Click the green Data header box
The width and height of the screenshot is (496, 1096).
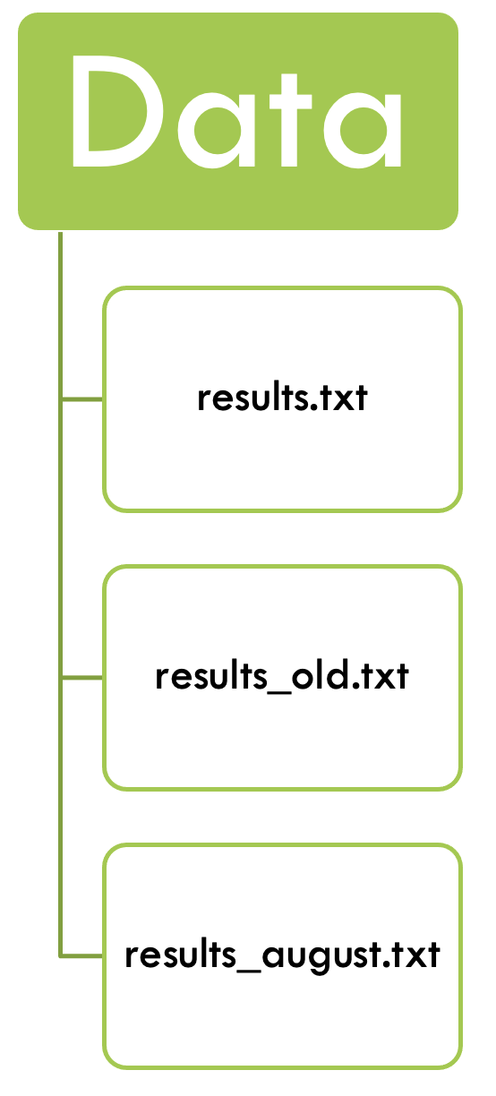pyautogui.click(x=238, y=121)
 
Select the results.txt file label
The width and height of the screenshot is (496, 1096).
pyautogui.click(x=282, y=398)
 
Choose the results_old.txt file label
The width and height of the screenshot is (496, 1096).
pyautogui.click(x=282, y=676)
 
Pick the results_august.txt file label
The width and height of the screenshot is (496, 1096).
pyautogui.click(x=282, y=955)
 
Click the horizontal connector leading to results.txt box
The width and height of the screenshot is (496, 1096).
pyautogui.click(x=81, y=399)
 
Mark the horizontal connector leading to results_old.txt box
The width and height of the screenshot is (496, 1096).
pyautogui.click(x=81, y=678)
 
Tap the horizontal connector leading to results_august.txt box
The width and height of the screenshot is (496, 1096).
pyautogui.click(x=81, y=955)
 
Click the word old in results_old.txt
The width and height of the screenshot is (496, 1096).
pyautogui.click(x=321, y=675)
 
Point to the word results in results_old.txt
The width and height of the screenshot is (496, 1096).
pyautogui.click(x=211, y=675)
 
